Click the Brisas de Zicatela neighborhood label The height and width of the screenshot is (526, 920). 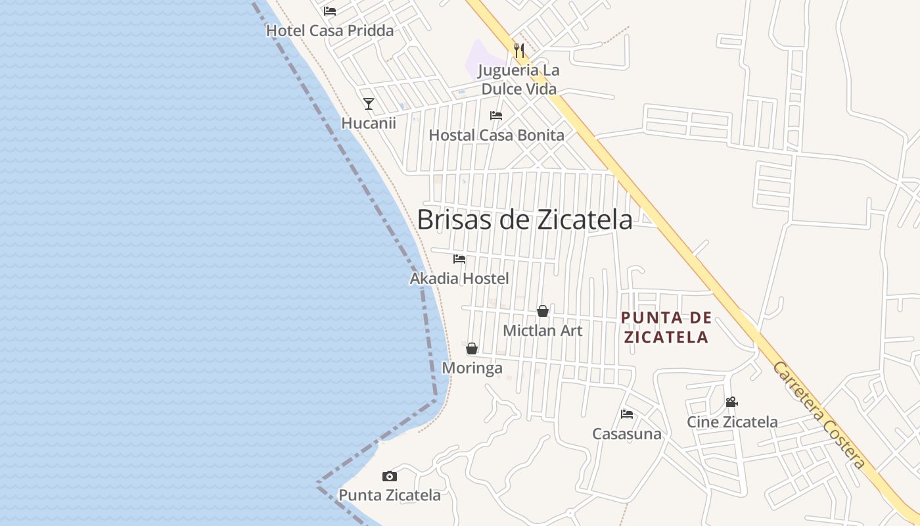coord(524,220)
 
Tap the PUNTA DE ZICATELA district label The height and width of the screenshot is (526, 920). coord(666,327)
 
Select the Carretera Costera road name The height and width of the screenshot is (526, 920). coord(819,416)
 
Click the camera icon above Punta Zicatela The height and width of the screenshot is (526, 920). coord(390,476)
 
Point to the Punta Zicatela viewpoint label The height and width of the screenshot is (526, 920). coord(390,495)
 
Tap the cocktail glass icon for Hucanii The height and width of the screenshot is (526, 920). coord(369,104)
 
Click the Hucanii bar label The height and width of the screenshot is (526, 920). coord(369,123)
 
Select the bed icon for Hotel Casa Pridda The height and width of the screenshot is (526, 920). coord(330,11)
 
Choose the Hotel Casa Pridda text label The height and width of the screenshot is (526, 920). coord(330,30)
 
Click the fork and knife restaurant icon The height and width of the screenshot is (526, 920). coord(518,50)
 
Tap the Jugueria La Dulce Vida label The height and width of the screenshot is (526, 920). coord(518,80)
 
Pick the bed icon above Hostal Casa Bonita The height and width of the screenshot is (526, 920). coord(496,116)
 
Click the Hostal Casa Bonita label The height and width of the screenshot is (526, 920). coord(496,135)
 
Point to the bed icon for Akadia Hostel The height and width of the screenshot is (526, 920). coord(459,259)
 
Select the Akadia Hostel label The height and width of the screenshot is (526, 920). coord(459,279)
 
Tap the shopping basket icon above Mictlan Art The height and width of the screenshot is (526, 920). coord(543,311)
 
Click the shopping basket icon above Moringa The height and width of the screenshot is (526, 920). coord(472,348)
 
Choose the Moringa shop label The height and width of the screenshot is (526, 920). coord(472,368)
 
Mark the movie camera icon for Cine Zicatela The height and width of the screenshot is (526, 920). coord(732,402)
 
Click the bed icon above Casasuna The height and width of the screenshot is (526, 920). coord(627,414)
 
